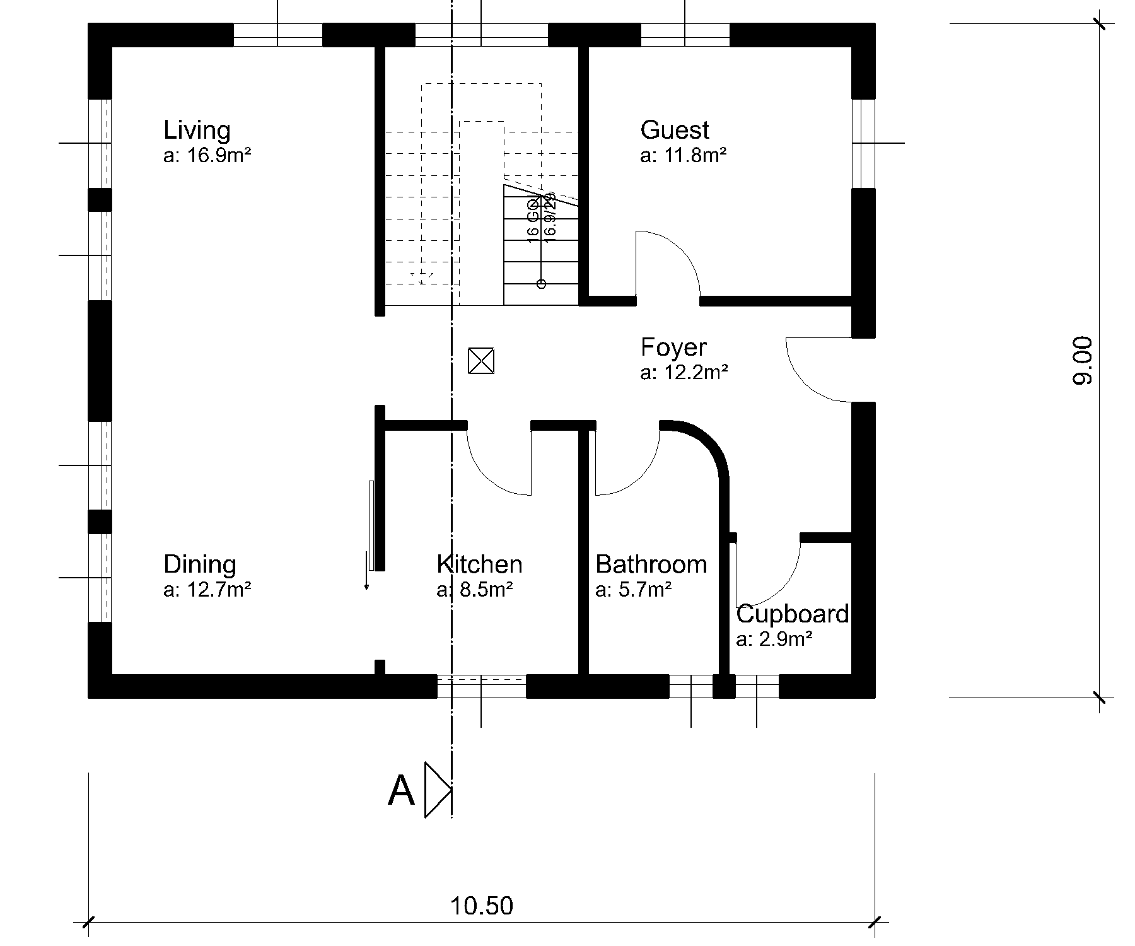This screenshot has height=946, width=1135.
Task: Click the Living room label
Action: [x=197, y=131]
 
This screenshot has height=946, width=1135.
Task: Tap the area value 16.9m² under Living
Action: [x=207, y=155]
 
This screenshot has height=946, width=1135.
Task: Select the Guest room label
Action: [x=674, y=130]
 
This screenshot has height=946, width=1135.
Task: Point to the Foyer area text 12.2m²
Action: [x=684, y=373]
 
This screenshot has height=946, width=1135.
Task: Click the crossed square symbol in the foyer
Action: [x=481, y=361]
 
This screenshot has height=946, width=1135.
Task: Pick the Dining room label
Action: [x=199, y=564]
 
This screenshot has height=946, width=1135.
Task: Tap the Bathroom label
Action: [x=651, y=564]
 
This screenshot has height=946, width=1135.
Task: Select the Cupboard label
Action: [x=792, y=614]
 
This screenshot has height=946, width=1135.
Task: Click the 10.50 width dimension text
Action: [x=481, y=906]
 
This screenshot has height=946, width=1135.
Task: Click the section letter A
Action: [x=401, y=791]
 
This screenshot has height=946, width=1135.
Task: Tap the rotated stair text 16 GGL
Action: [x=533, y=219]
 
